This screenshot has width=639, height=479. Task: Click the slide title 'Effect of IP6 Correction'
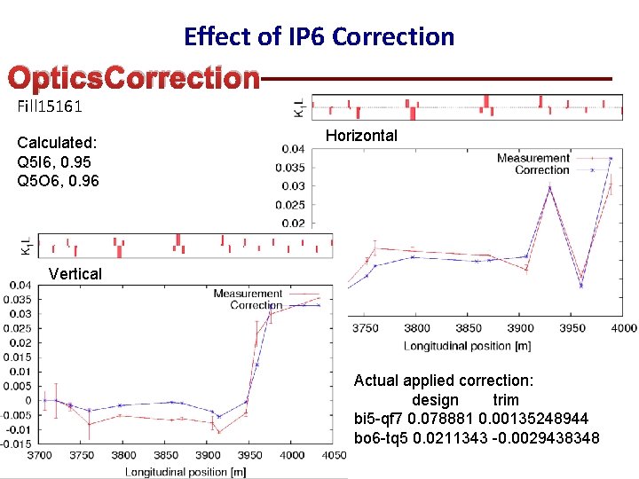point(319,36)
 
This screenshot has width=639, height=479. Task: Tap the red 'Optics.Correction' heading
point(133,78)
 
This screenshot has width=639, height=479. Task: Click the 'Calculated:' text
point(57,143)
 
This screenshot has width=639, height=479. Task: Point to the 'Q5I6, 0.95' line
point(54,162)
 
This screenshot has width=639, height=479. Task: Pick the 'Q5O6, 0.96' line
point(58,181)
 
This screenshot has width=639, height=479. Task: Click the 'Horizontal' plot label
point(361,136)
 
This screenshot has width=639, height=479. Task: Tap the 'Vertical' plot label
point(75,273)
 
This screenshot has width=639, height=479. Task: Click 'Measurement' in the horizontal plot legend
point(532,158)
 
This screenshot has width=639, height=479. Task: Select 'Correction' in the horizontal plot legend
point(541,169)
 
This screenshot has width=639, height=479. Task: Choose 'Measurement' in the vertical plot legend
point(248,294)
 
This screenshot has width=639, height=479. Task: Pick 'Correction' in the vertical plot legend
point(256,305)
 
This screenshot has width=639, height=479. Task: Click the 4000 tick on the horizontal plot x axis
point(624,328)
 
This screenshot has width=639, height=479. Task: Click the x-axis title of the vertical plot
point(185,471)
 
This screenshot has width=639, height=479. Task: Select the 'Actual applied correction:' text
point(444,381)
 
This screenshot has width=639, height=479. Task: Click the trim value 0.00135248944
point(532,419)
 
